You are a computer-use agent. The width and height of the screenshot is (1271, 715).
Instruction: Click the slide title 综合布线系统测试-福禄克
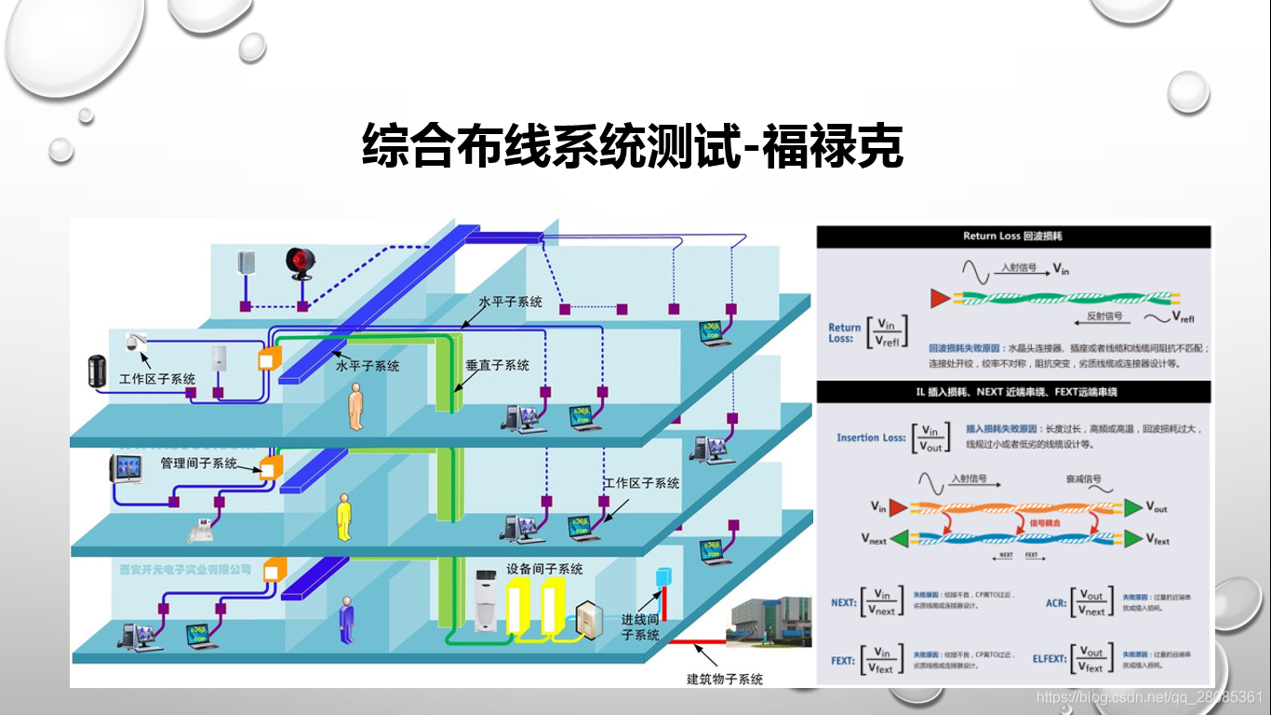coord(633,146)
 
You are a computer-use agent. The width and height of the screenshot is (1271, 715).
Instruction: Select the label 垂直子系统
coord(497,365)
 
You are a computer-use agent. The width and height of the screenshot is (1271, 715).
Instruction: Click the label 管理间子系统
coord(198,463)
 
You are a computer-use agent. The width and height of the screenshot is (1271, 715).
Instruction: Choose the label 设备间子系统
coord(544,568)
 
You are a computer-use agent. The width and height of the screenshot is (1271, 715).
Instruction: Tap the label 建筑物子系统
coord(725,679)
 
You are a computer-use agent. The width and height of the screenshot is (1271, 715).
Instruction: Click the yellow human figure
coord(344,518)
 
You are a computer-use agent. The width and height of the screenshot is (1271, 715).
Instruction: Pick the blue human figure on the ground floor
coord(347,618)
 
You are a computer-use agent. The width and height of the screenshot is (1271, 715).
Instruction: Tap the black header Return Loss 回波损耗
coord(1013,236)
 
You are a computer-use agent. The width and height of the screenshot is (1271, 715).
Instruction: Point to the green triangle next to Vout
coord(1132,507)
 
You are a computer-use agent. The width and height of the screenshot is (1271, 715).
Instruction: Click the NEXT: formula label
coord(843,602)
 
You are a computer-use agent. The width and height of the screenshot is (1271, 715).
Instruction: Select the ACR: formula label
coord(1055,602)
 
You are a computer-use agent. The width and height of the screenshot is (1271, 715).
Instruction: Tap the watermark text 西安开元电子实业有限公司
coord(185,569)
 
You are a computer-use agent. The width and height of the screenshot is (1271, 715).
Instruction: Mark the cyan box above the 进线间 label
coord(662,576)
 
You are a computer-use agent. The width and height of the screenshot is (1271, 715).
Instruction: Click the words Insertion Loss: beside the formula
coord(871,438)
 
